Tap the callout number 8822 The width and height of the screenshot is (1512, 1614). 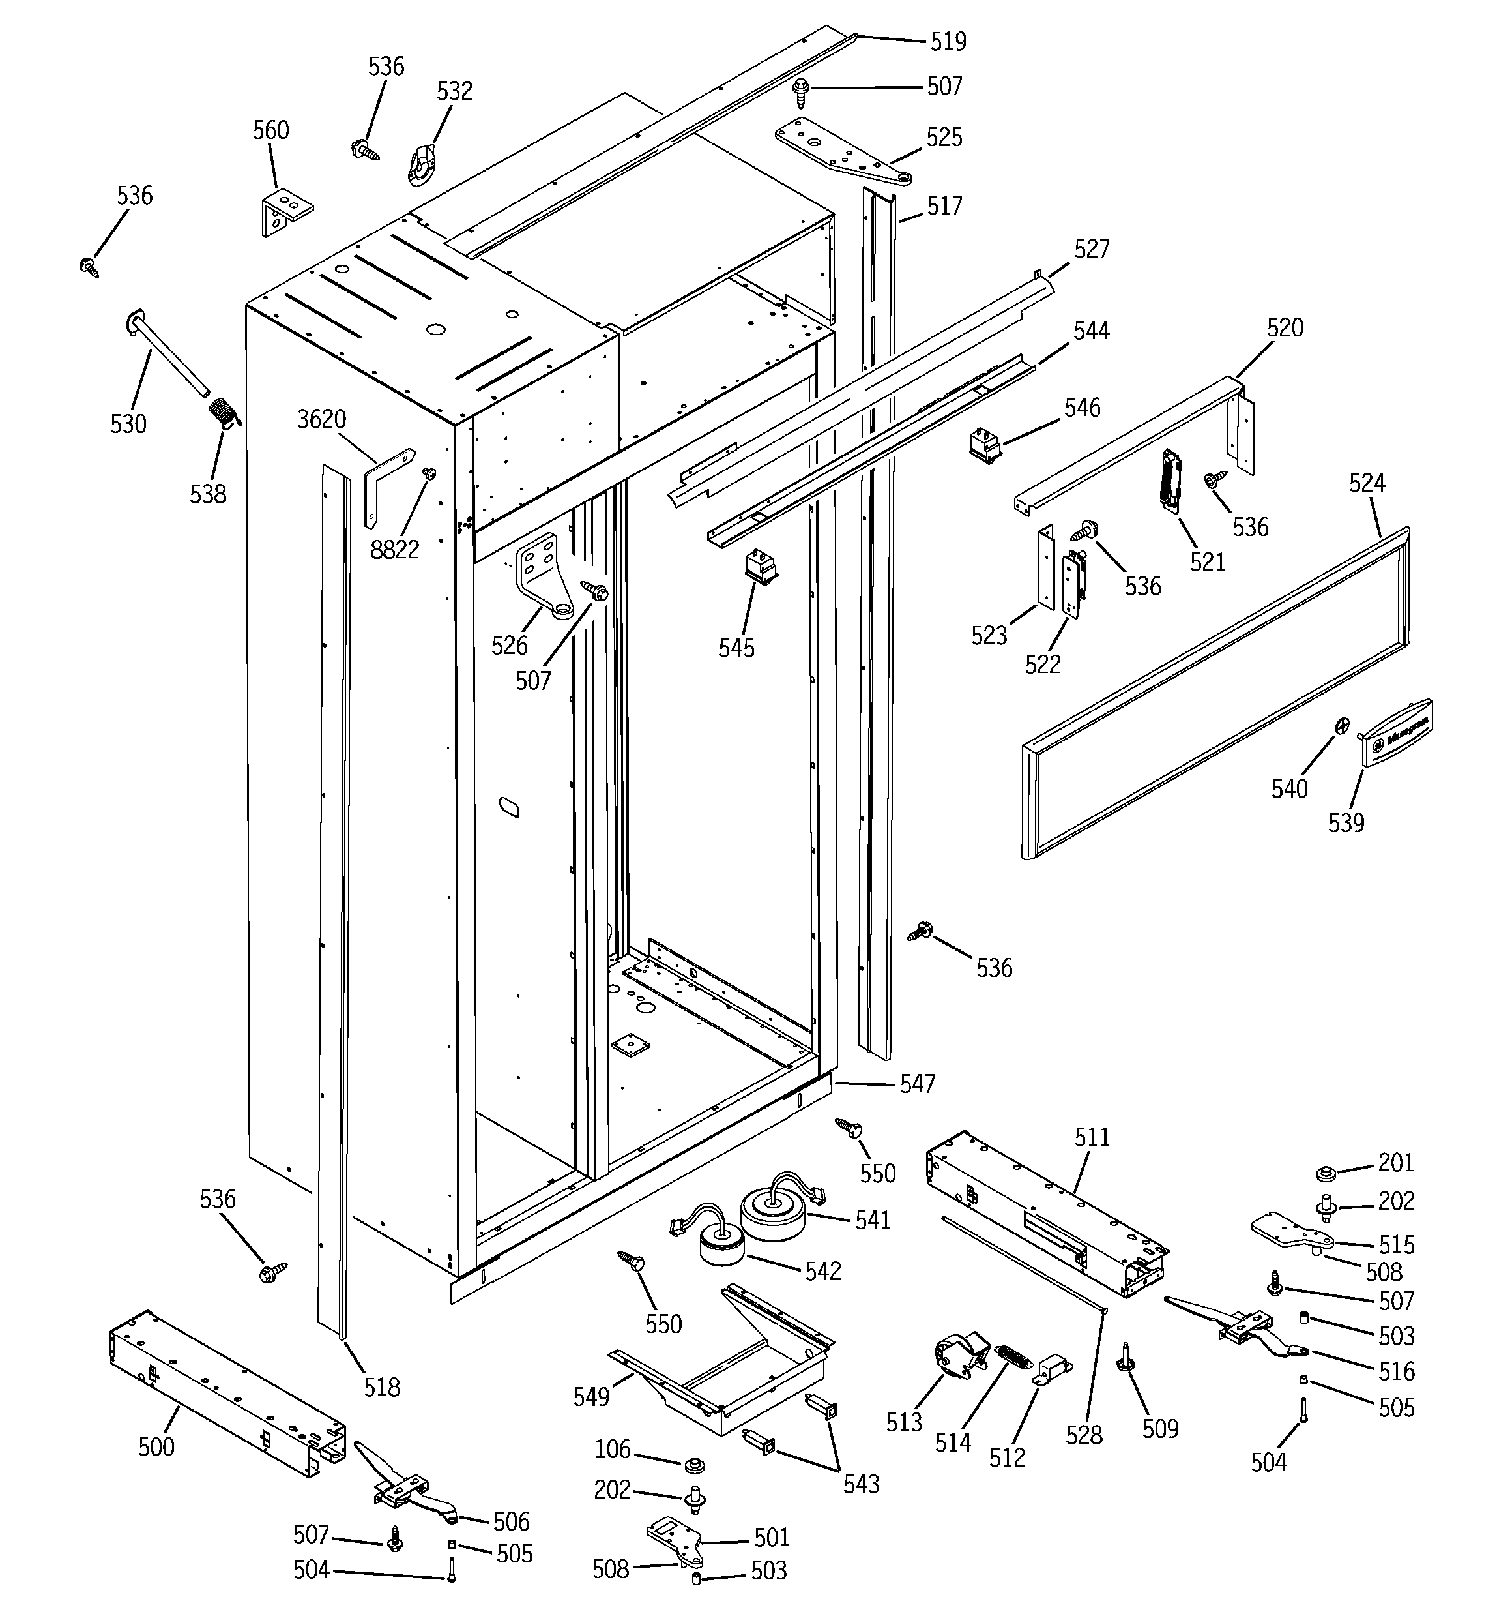point(394,550)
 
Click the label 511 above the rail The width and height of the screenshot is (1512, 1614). point(1092,1137)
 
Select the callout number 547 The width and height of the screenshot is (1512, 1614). point(917,1083)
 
